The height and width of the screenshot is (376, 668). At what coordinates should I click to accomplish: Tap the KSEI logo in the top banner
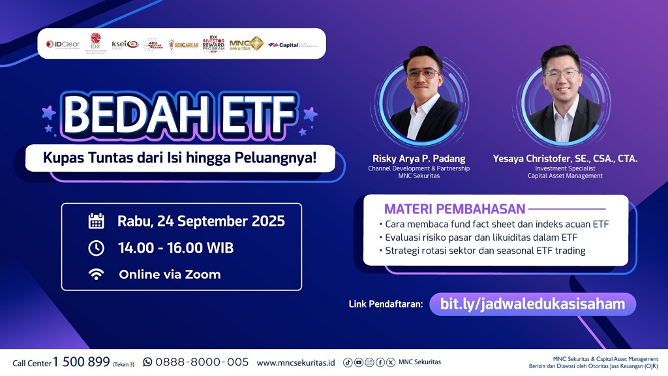click(125, 44)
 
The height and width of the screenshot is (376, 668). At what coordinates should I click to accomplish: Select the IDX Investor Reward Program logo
click(213, 44)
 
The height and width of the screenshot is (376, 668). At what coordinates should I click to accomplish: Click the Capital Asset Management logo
click(293, 45)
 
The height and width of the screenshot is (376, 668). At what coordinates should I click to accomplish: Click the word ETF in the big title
click(254, 116)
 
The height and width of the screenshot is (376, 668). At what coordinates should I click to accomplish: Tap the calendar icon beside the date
click(97, 221)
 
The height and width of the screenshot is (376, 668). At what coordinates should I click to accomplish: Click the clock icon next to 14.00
click(97, 248)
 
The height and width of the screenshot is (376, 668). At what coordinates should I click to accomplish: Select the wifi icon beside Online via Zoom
click(97, 275)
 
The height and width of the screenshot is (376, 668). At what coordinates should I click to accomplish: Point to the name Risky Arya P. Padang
click(417, 159)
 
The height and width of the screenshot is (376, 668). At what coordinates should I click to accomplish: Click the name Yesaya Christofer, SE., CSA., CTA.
click(565, 159)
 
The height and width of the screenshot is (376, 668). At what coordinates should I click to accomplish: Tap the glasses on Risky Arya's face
click(422, 74)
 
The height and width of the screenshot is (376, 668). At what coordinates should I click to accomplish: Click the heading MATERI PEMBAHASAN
click(454, 210)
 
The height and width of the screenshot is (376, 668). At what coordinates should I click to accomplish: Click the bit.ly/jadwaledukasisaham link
click(532, 304)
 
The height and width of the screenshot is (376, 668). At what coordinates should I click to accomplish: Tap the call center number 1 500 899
click(81, 362)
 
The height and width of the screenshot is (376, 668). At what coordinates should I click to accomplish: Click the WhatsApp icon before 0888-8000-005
click(147, 362)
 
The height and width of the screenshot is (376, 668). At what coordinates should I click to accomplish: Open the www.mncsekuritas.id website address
click(296, 362)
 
